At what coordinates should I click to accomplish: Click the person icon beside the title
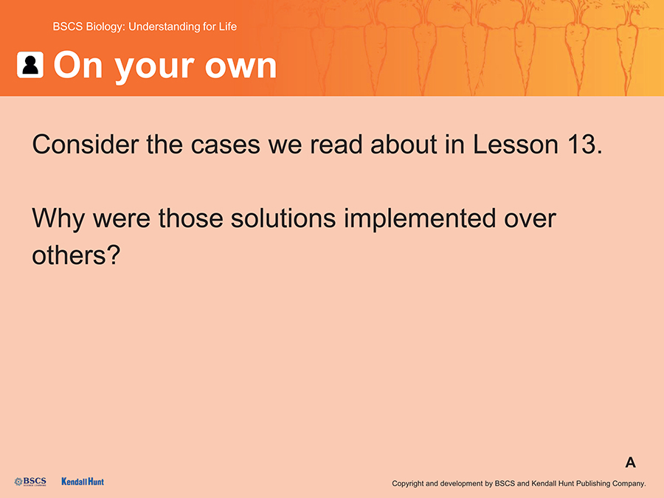pos(30,65)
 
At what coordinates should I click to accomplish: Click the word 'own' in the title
pos(241,66)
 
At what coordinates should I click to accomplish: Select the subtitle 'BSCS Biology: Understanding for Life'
pos(145,27)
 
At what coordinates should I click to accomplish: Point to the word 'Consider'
pos(86,145)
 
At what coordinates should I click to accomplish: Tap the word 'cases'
pos(225,145)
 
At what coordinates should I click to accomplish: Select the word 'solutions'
pos(283,218)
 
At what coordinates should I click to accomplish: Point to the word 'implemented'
pos(419,220)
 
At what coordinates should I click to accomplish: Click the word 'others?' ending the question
pos(76,255)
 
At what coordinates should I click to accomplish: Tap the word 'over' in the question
pos(530,220)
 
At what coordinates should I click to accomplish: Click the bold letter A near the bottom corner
pos(631,463)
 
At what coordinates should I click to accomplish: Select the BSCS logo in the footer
pos(30,482)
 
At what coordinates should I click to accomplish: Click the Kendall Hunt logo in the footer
pos(83,482)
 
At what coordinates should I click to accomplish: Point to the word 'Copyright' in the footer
pos(408,483)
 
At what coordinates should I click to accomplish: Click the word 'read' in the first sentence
pos(336,145)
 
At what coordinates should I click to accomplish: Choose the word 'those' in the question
pos(190,218)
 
